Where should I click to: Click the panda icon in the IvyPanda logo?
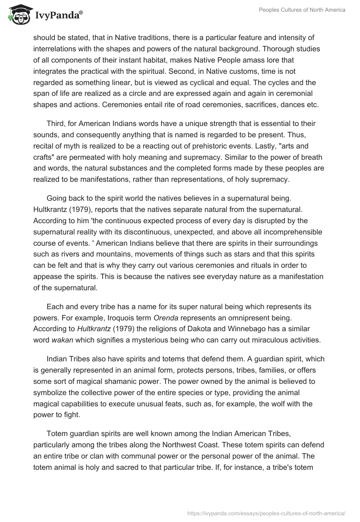(x=17, y=15)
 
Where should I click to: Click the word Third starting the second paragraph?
(x=56, y=123)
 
